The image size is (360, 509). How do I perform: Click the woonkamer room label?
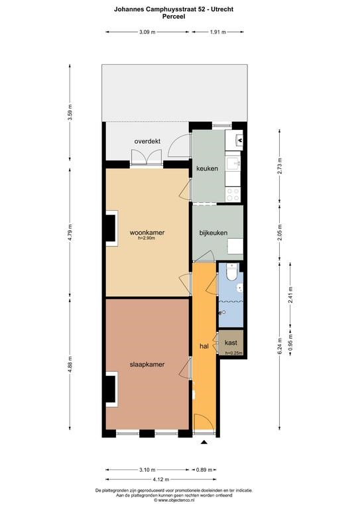click(x=147, y=233)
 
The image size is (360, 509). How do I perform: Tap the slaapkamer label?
click(x=147, y=365)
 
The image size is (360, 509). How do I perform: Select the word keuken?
click(x=207, y=168)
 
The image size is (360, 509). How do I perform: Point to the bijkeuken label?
click(x=213, y=233)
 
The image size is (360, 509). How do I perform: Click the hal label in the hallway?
click(x=204, y=347)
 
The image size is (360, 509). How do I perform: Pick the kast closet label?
click(x=231, y=343)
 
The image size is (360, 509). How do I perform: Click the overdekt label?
click(x=147, y=141)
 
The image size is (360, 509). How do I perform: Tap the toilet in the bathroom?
click(x=233, y=272)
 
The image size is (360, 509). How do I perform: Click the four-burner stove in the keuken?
click(x=233, y=195)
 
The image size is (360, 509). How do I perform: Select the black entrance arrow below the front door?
click(x=204, y=442)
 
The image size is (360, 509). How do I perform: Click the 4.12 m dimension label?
click(x=160, y=479)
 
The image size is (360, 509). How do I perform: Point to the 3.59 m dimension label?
click(x=70, y=113)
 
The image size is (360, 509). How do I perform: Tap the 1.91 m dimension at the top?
click(x=218, y=32)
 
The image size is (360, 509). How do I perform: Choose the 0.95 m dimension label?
click(x=291, y=341)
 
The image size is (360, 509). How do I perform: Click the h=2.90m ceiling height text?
click(x=147, y=238)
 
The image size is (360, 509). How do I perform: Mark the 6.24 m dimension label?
click(x=280, y=348)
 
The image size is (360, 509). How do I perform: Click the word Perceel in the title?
click(x=174, y=16)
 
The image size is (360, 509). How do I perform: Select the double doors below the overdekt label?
click(x=147, y=158)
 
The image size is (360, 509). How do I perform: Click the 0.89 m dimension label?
click(x=204, y=470)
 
